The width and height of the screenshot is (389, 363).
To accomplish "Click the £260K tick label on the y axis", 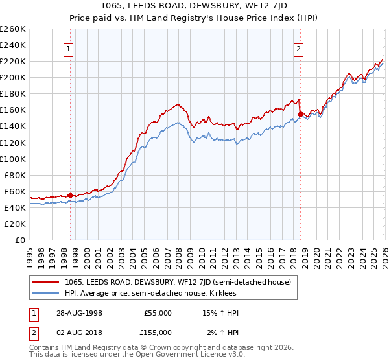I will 13,29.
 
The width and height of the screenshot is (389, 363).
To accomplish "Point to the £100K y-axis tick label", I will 13,159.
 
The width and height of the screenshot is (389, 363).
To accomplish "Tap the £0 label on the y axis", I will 21,240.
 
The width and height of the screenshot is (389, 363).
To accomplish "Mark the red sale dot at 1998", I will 70,195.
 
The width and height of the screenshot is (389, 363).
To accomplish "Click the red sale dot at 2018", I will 300,114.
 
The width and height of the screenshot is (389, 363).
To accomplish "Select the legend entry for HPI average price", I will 150,294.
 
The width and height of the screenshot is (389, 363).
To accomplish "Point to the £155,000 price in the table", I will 158,332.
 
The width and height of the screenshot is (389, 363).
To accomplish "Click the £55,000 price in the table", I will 158,313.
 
